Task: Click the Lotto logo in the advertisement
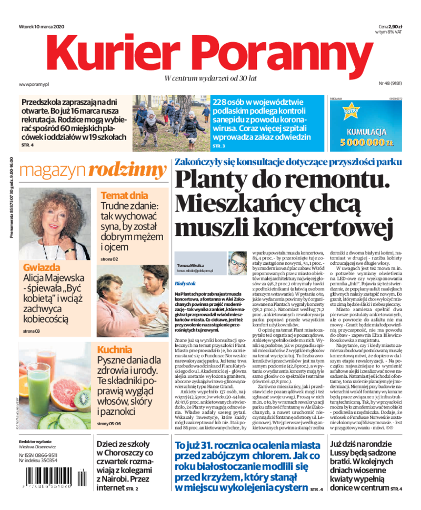(349, 112)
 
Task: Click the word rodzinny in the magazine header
(127, 170)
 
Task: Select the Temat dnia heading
(124, 194)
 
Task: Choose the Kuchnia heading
(115, 349)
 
